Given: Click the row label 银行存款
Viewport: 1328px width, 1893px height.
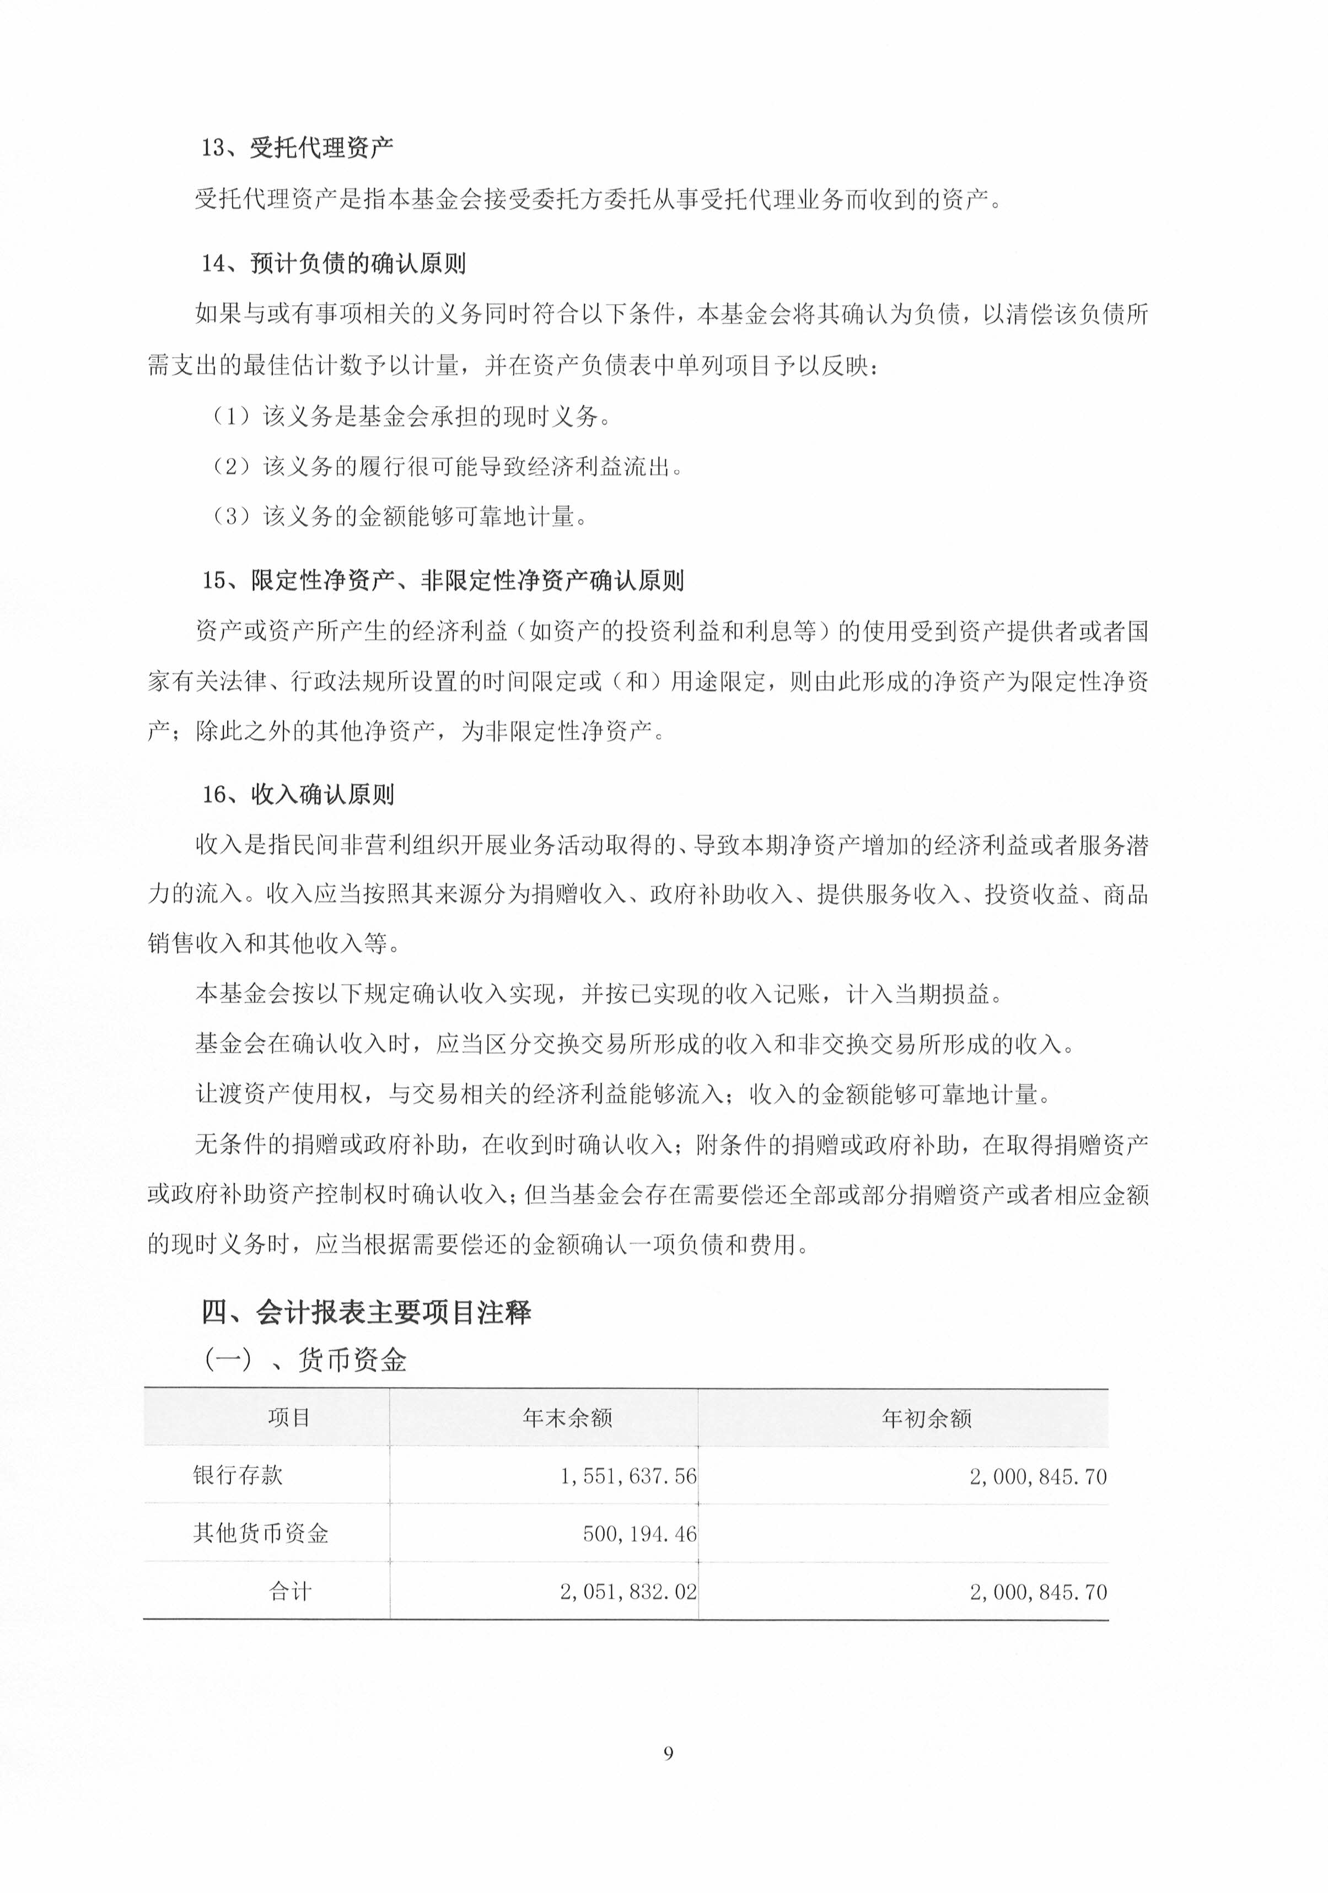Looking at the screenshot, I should click(x=238, y=1476).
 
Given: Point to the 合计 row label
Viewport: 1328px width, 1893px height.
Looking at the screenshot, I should click(x=291, y=1591).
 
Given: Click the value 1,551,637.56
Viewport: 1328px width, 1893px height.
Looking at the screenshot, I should click(x=628, y=1476).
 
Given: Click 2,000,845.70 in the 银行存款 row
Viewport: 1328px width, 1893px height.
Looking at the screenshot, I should click(x=1037, y=1476).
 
